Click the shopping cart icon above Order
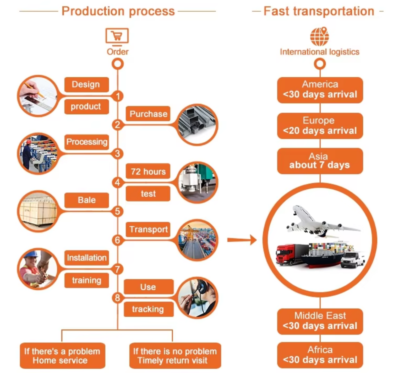tap(117, 36)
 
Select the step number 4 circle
tap(118, 182)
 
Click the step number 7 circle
tap(118, 269)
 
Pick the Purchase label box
tap(148, 114)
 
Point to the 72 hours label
tap(148, 171)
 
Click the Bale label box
tap(86, 200)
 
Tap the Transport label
tap(148, 229)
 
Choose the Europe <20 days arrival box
tap(320, 126)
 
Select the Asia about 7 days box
tap(320, 161)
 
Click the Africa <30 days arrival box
tap(320, 355)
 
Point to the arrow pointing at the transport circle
tap(242, 240)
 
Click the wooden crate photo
tap(38, 211)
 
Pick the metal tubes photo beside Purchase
tap(197, 125)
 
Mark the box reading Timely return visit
tap(175, 355)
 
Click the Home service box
tap(62, 355)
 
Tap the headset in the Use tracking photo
tap(202, 288)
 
